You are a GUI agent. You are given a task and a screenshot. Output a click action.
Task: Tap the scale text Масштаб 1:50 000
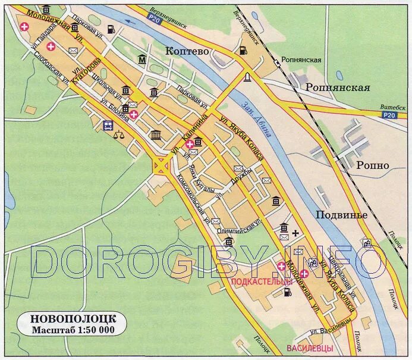(73, 329)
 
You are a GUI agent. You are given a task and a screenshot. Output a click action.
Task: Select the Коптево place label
(187, 51)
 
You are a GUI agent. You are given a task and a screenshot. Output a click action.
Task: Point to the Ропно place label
(373, 165)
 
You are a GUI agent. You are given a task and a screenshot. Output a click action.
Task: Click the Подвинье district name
(341, 215)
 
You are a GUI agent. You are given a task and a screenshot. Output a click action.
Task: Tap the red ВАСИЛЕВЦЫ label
(309, 348)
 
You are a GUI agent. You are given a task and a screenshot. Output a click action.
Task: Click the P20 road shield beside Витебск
(389, 115)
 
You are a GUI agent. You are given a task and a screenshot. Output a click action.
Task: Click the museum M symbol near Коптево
(142, 59)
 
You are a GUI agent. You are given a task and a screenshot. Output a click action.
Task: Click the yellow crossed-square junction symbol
(161, 165)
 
